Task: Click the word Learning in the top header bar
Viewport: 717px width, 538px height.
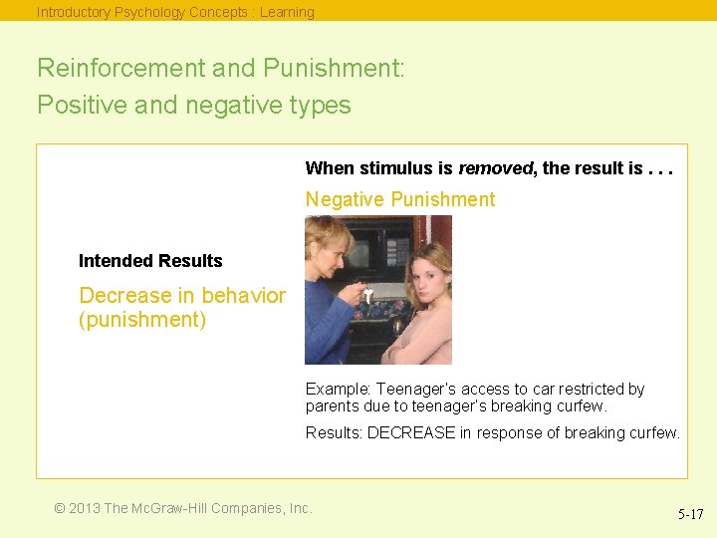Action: [x=287, y=12]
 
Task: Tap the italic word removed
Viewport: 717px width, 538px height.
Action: [x=495, y=168]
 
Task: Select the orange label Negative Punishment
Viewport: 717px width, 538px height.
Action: [x=399, y=199]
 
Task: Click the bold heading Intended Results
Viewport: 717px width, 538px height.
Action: [x=150, y=261]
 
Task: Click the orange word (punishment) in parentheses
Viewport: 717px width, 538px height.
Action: [x=142, y=321]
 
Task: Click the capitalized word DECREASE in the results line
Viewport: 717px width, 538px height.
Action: [x=410, y=432]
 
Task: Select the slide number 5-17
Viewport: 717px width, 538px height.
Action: [x=690, y=515]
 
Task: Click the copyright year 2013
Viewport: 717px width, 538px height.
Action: [x=84, y=508]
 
